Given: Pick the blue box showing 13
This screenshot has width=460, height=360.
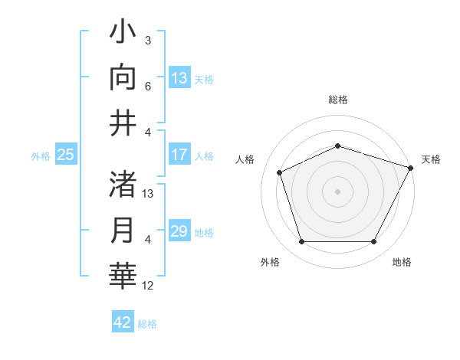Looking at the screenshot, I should (x=179, y=77).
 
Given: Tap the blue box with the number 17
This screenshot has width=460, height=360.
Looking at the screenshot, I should (x=179, y=155).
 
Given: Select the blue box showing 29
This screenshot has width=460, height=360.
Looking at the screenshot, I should (x=179, y=231).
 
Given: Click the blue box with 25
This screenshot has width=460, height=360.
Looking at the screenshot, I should (x=66, y=155).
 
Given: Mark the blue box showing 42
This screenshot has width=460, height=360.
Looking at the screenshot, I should (x=123, y=322).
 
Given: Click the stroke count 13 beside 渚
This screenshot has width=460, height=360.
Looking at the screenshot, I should (x=148, y=194).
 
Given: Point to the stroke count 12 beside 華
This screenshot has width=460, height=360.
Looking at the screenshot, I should (x=148, y=286).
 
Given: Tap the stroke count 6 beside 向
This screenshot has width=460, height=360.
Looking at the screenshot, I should (x=148, y=87).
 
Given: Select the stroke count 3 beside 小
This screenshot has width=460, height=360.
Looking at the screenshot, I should (x=148, y=40).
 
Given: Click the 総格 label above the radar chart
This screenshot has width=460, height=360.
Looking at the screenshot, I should (x=337, y=100).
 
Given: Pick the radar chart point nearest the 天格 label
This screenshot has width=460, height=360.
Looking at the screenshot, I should (x=411, y=168).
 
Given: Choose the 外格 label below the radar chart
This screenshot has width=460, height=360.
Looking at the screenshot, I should (x=270, y=262).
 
